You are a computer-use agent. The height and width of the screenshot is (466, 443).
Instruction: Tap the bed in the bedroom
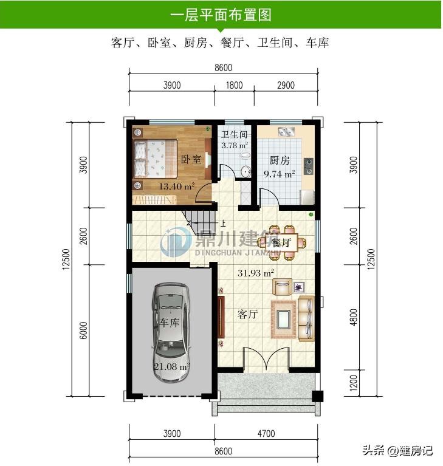155,159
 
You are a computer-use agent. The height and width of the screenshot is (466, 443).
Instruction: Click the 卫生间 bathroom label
235,135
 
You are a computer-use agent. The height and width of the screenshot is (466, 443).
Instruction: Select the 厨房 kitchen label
279,160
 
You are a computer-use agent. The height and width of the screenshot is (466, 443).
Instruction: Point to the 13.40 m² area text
177,187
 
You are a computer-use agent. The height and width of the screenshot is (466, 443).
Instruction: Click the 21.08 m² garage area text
171,367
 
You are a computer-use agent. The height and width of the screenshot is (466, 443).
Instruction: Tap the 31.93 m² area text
256,273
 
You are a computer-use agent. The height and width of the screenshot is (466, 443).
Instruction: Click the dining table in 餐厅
281,243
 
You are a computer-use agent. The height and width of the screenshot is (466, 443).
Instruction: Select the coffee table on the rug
284,319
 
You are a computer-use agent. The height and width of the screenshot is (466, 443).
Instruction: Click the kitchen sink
286,131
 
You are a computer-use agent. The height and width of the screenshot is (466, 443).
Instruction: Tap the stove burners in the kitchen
308,166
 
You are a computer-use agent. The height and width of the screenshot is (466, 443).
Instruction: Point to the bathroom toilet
246,156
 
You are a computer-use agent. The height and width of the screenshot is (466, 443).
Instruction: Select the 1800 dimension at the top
234,85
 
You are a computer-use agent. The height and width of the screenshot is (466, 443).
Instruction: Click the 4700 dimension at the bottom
266,434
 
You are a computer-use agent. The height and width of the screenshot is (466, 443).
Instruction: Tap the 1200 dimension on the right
353,383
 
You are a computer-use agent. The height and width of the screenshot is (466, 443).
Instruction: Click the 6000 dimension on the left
83,330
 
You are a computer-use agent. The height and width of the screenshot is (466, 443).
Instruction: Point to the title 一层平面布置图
221,15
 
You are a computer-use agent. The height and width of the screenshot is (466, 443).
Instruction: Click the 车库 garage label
170,322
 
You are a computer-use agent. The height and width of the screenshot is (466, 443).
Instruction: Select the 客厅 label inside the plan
247,314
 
